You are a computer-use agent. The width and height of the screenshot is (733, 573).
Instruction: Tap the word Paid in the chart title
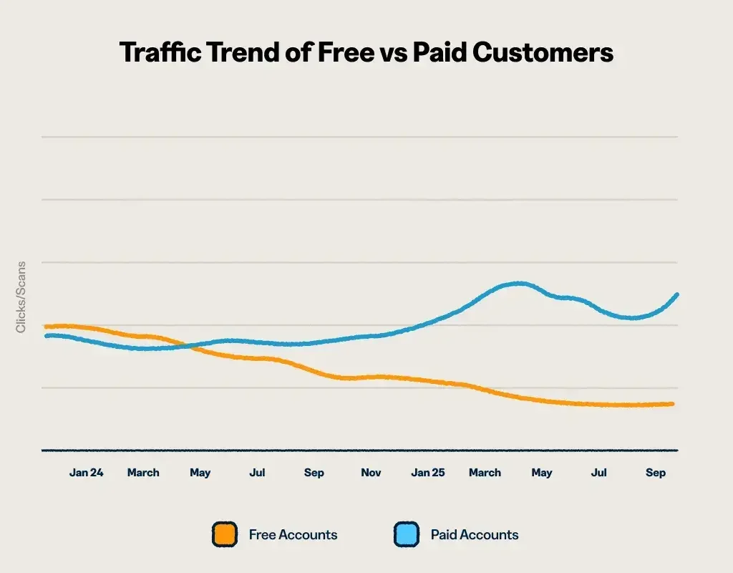coord(445,52)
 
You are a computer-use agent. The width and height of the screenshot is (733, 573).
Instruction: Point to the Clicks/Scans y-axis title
coord(21,297)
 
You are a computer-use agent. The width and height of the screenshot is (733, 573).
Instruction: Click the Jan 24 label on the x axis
coord(86,473)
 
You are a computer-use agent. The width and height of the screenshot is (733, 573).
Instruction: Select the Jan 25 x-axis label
coord(428,473)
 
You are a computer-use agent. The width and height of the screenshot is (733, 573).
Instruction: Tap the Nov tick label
coord(371,473)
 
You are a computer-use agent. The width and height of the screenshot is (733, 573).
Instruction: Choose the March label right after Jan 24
coord(143,473)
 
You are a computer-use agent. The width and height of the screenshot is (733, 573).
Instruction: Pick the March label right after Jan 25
coord(485,473)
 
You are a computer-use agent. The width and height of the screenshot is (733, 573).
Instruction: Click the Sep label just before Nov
coord(314,473)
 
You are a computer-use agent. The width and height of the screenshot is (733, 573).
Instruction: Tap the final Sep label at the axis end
coord(656,473)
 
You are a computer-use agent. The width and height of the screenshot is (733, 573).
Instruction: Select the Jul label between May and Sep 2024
coord(257,473)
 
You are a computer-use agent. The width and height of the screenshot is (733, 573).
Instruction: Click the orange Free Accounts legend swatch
coord(225,534)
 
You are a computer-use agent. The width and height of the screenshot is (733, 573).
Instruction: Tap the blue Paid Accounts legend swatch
coord(406,534)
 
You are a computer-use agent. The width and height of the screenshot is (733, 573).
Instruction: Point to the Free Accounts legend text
coord(293,534)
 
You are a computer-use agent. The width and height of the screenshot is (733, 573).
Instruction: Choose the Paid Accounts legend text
coord(474,534)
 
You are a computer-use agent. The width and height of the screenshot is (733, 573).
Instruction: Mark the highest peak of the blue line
coord(518,284)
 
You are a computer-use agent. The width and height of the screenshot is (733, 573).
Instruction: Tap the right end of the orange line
coord(673,404)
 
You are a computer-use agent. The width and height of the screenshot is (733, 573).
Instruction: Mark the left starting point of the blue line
coord(46,334)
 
